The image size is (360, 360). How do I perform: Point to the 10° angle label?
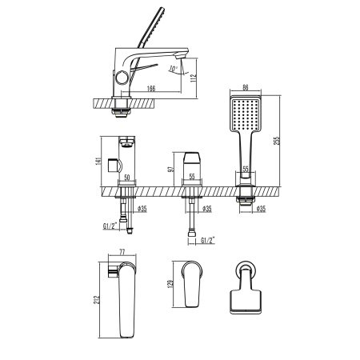pyautogui.click(x=174, y=69)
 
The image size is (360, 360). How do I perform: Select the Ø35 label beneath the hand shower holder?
pyautogui.click(x=263, y=210)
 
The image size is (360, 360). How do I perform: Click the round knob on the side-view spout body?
pyautogui.click(x=122, y=78)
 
